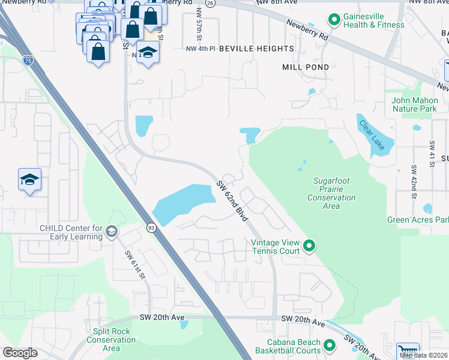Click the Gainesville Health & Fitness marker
334,20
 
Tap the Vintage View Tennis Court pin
309,245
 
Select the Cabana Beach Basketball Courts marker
329,345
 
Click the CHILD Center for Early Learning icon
111,231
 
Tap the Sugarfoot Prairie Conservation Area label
331,193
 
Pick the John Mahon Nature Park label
414,104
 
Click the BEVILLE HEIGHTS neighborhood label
256,48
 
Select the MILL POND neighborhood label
306,67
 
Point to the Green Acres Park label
417,220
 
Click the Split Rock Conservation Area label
111,339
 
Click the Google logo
20,353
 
